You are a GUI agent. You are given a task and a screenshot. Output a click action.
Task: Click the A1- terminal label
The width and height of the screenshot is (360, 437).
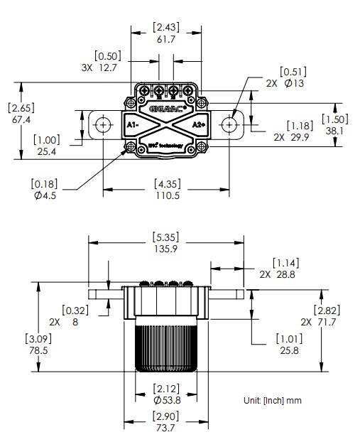pos(133,124)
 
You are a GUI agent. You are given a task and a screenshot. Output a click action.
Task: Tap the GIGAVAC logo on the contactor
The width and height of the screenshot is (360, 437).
pos(168,109)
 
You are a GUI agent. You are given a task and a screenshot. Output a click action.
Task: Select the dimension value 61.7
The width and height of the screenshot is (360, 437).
pos(166,41)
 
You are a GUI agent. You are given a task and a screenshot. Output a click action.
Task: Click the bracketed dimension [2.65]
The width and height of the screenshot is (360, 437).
pos(22,108)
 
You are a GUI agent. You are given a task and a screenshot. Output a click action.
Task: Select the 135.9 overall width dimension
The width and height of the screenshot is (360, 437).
pos(166,249)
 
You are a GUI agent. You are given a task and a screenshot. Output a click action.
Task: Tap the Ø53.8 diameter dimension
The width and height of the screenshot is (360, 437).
pos(167,401)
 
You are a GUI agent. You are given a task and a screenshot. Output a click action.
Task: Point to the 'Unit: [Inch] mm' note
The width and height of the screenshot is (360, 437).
pos(272,400)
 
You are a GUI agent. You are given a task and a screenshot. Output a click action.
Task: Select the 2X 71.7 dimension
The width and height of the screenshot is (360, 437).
pos(318,322)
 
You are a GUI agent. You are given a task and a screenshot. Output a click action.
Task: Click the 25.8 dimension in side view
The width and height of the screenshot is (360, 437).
pos(288,351)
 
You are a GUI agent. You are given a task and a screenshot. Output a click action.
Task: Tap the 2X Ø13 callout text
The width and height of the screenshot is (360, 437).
pos(284,83)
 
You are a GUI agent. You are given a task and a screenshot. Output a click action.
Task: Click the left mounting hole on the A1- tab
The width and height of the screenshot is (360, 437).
pos(104,124)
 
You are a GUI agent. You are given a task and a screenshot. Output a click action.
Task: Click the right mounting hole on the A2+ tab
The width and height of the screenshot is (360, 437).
pos(229,124)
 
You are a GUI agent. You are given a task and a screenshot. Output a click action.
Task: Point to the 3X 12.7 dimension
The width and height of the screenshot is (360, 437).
pos(100,68)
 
